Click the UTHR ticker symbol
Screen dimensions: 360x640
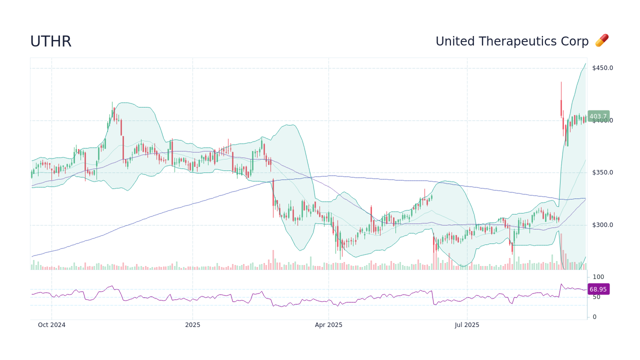pos(50,41)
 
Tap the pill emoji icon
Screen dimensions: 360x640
pos(601,41)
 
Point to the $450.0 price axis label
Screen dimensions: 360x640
pos(602,68)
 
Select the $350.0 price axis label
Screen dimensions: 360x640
pos(602,172)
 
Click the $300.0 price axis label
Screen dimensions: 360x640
pos(602,225)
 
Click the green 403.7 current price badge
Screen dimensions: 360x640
pos(598,116)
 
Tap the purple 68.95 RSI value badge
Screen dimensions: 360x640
pos(598,289)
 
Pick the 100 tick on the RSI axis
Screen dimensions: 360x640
pos(598,277)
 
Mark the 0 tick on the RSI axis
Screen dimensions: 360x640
pos(594,317)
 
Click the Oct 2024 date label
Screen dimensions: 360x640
pos(51,325)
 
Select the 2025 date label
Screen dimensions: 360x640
pos(192,325)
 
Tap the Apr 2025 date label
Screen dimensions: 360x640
pos(328,325)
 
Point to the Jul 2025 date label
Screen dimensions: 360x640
pos(467,325)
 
